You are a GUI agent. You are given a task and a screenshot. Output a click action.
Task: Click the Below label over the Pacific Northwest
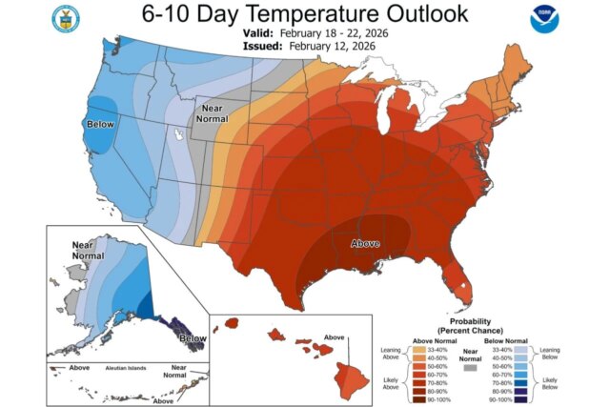coord(99,125)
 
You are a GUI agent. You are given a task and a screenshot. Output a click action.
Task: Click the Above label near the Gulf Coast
coord(366,243)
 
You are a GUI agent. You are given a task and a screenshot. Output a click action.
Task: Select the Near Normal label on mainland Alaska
coord(89,250)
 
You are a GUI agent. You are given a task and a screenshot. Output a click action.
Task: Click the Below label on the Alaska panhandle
coord(192,338)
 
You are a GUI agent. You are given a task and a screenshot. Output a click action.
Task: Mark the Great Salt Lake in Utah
coord(178,138)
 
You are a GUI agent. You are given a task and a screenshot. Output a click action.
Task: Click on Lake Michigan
coord(387,122)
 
